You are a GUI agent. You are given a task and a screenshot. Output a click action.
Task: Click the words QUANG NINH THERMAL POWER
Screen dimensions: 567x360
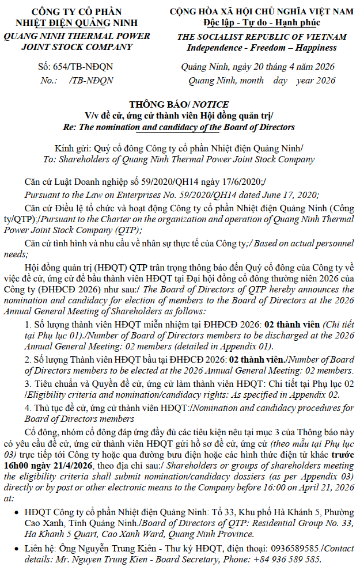coord(77,36)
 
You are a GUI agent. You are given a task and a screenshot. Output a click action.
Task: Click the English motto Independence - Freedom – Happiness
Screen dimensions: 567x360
coord(257,47)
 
